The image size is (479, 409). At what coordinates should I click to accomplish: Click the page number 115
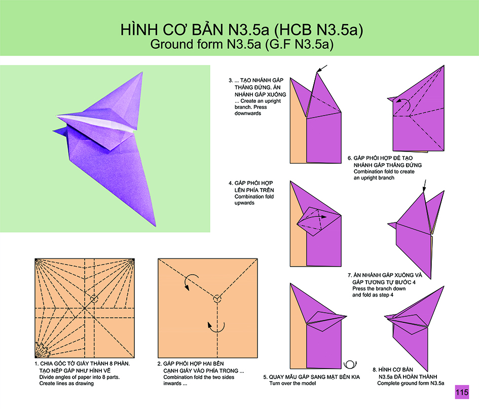point(462,392)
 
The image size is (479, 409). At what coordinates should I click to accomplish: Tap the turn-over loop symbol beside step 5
point(350,365)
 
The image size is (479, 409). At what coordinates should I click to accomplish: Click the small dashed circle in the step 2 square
point(217,299)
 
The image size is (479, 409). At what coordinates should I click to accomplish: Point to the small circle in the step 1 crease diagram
point(94,299)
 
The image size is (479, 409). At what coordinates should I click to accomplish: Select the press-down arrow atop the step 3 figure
point(322,69)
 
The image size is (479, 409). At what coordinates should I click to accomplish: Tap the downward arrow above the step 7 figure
point(424,186)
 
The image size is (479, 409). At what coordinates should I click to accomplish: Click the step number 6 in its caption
point(350,158)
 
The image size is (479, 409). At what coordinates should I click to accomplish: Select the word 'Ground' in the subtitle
point(171,44)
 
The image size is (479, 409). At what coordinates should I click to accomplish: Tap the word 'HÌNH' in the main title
point(139,29)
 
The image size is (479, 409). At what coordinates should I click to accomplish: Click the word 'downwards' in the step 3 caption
point(248,114)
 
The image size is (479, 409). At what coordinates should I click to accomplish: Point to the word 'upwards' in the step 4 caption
point(244,203)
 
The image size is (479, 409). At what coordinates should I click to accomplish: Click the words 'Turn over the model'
point(292,383)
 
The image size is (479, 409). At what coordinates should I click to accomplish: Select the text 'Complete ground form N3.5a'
point(411,383)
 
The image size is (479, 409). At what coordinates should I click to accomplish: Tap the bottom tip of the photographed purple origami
point(156,226)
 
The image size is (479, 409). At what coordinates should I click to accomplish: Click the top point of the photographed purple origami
point(142,72)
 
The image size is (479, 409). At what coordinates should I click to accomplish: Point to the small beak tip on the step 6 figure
point(388,98)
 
